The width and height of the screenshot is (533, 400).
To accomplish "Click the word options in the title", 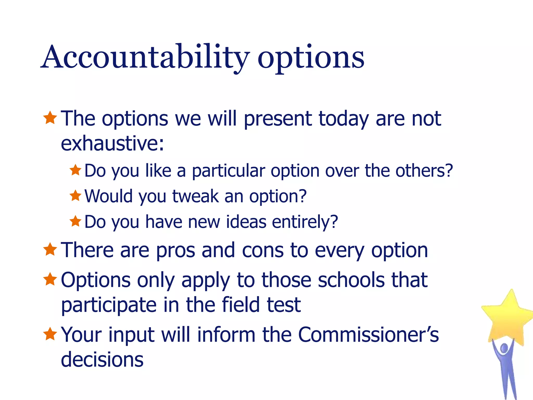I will coord(311,59).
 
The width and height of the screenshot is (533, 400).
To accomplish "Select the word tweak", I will coord(195,196).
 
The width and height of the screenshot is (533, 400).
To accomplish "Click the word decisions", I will coord(102,359).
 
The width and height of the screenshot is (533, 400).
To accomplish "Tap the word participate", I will coord(109,305).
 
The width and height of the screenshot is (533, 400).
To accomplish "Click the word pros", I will coord(175,251).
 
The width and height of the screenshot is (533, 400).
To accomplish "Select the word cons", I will coord(263,251).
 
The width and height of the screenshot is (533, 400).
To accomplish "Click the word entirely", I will coord(305,222).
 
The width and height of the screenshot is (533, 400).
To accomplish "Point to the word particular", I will coord(228,171).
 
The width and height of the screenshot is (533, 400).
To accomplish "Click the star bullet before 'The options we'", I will coord(50,118).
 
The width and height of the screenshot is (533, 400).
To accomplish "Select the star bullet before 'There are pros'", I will coord(50,249).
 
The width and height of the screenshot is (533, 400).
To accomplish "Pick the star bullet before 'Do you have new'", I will coord(75,221).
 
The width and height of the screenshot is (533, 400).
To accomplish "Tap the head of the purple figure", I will coord(504,348).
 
